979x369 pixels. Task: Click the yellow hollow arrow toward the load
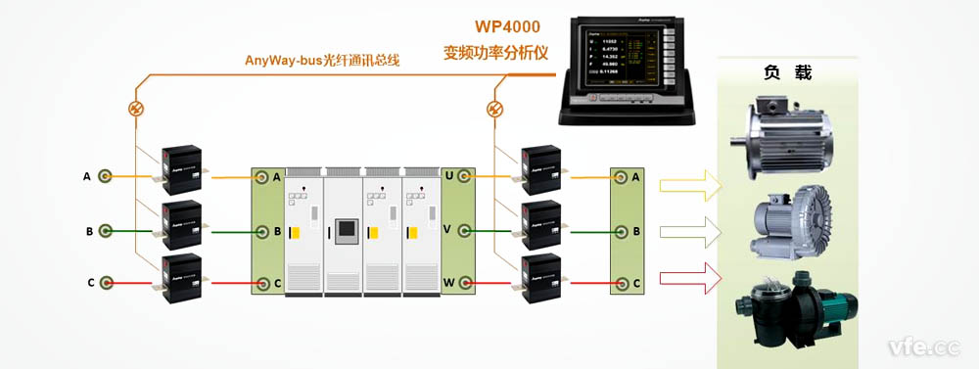[x=690, y=185]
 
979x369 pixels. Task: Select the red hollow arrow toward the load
[x=690, y=284]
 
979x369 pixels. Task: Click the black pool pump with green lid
[x=789, y=303]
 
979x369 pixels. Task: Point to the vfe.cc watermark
[x=923, y=346]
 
